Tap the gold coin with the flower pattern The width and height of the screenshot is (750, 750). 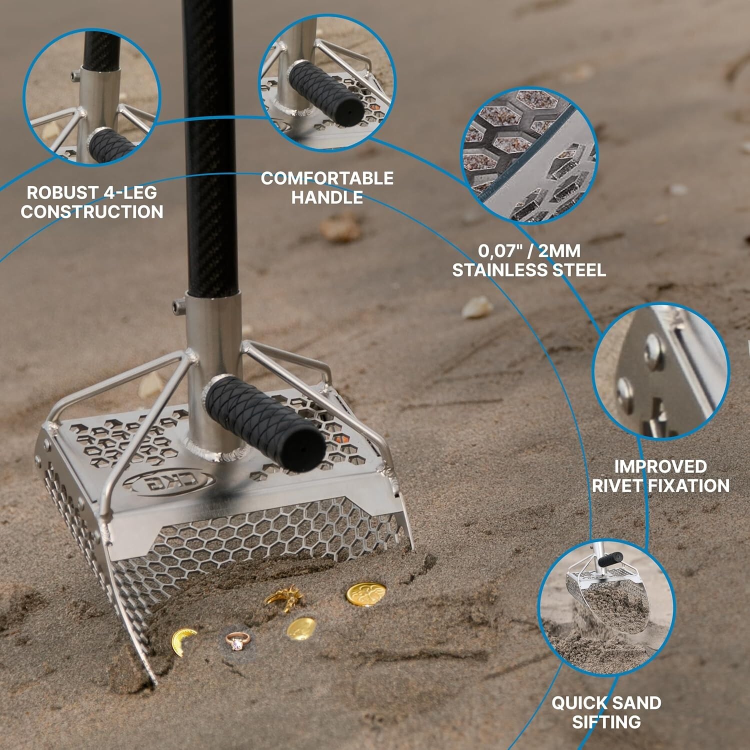pos(366,594)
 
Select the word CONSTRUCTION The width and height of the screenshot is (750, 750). pos(92,212)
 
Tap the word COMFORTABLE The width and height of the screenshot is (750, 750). pos(327,178)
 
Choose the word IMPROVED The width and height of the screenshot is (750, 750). pos(660,466)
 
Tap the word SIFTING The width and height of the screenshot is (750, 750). pos(606,722)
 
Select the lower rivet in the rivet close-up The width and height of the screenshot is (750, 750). pos(625,389)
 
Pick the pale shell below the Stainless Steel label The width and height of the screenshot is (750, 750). pos(477,307)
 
